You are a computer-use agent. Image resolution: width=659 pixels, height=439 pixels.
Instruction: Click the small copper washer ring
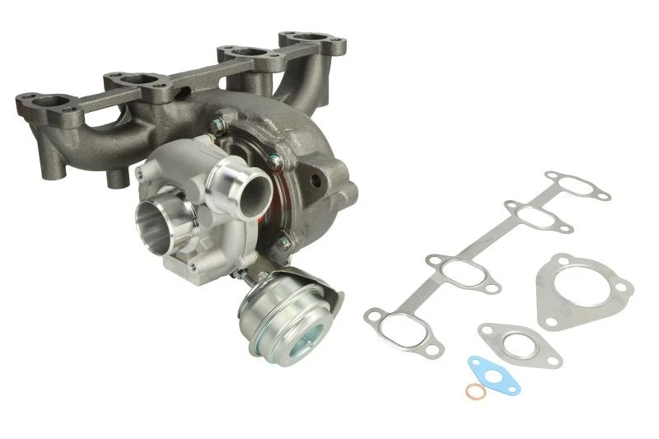coord(475,391)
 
